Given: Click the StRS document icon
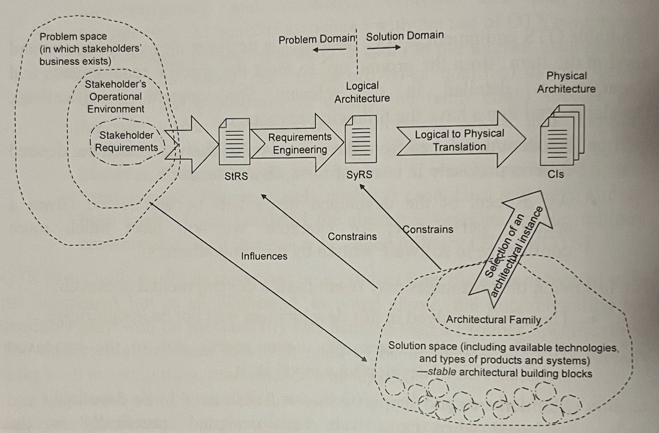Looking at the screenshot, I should click(x=235, y=141).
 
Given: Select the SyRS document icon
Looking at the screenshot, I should click(x=360, y=140).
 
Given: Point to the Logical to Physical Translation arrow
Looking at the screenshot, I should click(x=460, y=141).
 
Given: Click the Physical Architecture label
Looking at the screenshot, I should click(x=566, y=83).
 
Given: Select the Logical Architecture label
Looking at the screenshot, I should click(x=362, y=92).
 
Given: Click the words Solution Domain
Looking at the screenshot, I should click(x=404, y=37).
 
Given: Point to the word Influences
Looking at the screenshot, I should click(x=264, y=256).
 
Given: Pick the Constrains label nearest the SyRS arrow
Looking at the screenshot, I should click(x=428, y=229).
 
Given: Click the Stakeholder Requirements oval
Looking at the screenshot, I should click(x=127, y=141).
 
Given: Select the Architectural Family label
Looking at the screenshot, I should click(x=493, y=319).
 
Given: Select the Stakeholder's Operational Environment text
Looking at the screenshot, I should click(x=115, y=97).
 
